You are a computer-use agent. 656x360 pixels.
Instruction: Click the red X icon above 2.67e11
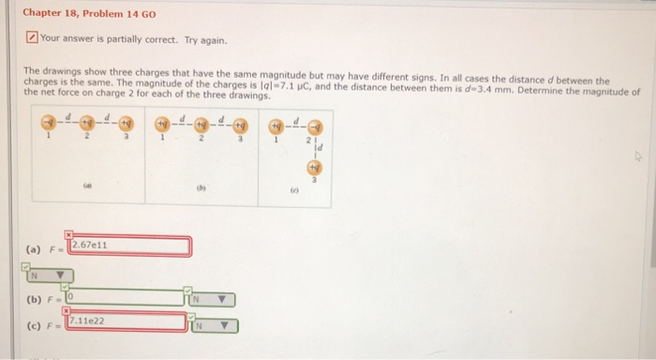tap(68, 234)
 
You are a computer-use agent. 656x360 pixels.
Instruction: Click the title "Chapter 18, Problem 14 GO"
tap(82, 12)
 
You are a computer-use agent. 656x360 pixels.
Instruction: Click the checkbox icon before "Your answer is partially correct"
tap(32, 40)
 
